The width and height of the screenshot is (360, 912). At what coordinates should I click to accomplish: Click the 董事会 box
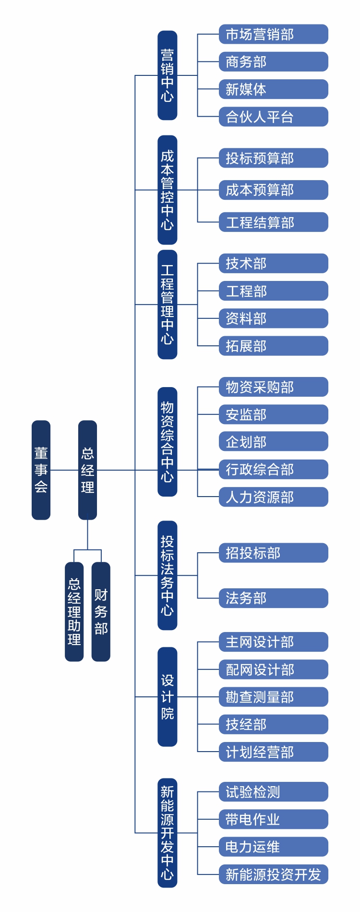(x=41, y=470)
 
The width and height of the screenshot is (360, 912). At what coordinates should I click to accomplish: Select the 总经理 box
(x=87, y=470)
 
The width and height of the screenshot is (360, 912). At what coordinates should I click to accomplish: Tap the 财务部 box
(x=101, y=611)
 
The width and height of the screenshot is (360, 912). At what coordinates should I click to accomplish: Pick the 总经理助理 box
(x=74, y=611)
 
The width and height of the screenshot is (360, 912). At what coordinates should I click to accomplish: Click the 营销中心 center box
(x=167, y=75)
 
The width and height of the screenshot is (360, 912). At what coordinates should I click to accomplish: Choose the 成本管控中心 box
(x=167, y=190)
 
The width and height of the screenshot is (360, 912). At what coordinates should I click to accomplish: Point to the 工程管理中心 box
(x=167, y=304)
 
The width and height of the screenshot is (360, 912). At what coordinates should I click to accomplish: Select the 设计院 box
(x=167, y=696)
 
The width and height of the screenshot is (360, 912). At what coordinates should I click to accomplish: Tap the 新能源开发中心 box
(x=167, y=833)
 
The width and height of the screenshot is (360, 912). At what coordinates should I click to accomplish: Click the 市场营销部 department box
(x=273, y=34)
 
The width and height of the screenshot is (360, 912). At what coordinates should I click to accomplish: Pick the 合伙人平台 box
(x=273, y=117)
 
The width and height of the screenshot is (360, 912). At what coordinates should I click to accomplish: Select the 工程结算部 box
(x=273, y=222)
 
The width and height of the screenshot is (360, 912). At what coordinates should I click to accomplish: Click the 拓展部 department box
(x=273, y=346)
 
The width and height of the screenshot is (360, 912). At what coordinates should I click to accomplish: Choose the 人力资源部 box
(x=273, y=497)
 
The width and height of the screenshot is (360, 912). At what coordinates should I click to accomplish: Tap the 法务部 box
(x=273, y=598)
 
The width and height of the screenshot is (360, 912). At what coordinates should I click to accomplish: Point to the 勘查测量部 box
(x=273, y=697)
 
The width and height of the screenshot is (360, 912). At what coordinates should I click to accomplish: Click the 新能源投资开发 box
(x=273, y=875)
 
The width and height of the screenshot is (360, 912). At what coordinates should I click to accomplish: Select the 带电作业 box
(x=273, y=819)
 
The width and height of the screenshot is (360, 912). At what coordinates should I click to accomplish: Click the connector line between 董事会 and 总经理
(x=64, y=470)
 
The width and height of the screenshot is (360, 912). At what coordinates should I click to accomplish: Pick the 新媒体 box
(x=273, y=89)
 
